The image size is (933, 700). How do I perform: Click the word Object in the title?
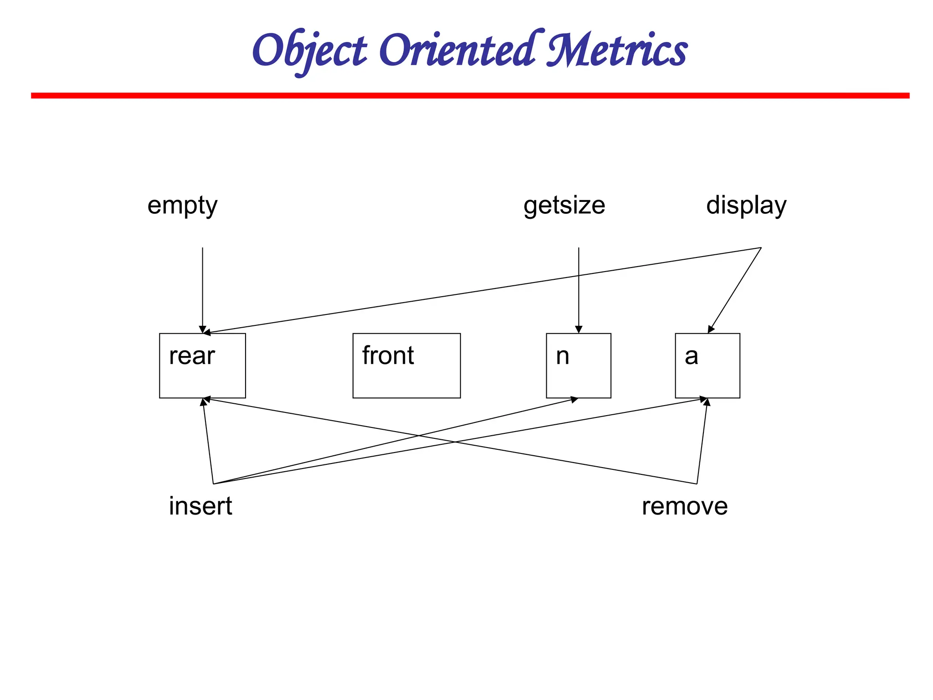(309, 51)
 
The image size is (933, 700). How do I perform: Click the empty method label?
(182, 206)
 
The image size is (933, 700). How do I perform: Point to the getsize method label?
(564, 206)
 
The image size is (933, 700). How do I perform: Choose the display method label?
(746, 206)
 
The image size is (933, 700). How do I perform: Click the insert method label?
(200, 506)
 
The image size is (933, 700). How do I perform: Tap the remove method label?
(684, 506)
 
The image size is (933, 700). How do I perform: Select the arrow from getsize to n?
(579, 301)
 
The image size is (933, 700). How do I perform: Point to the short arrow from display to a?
(734, 290)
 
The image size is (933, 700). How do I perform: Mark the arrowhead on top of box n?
(579, 330)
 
